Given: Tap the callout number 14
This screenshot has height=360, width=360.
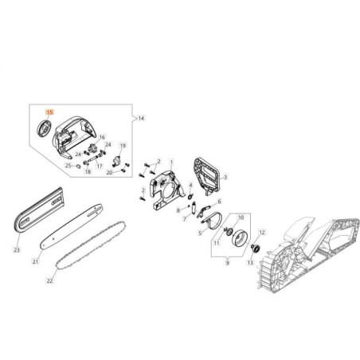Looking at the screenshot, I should pos(141,117).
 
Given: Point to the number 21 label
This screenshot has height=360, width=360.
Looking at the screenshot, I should pos(36,261).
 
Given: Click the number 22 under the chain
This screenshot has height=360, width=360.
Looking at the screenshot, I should pos(49,280).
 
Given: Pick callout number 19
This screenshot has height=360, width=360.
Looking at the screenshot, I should pos(123,146).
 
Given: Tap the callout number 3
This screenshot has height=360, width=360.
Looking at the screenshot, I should pos(226,178).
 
